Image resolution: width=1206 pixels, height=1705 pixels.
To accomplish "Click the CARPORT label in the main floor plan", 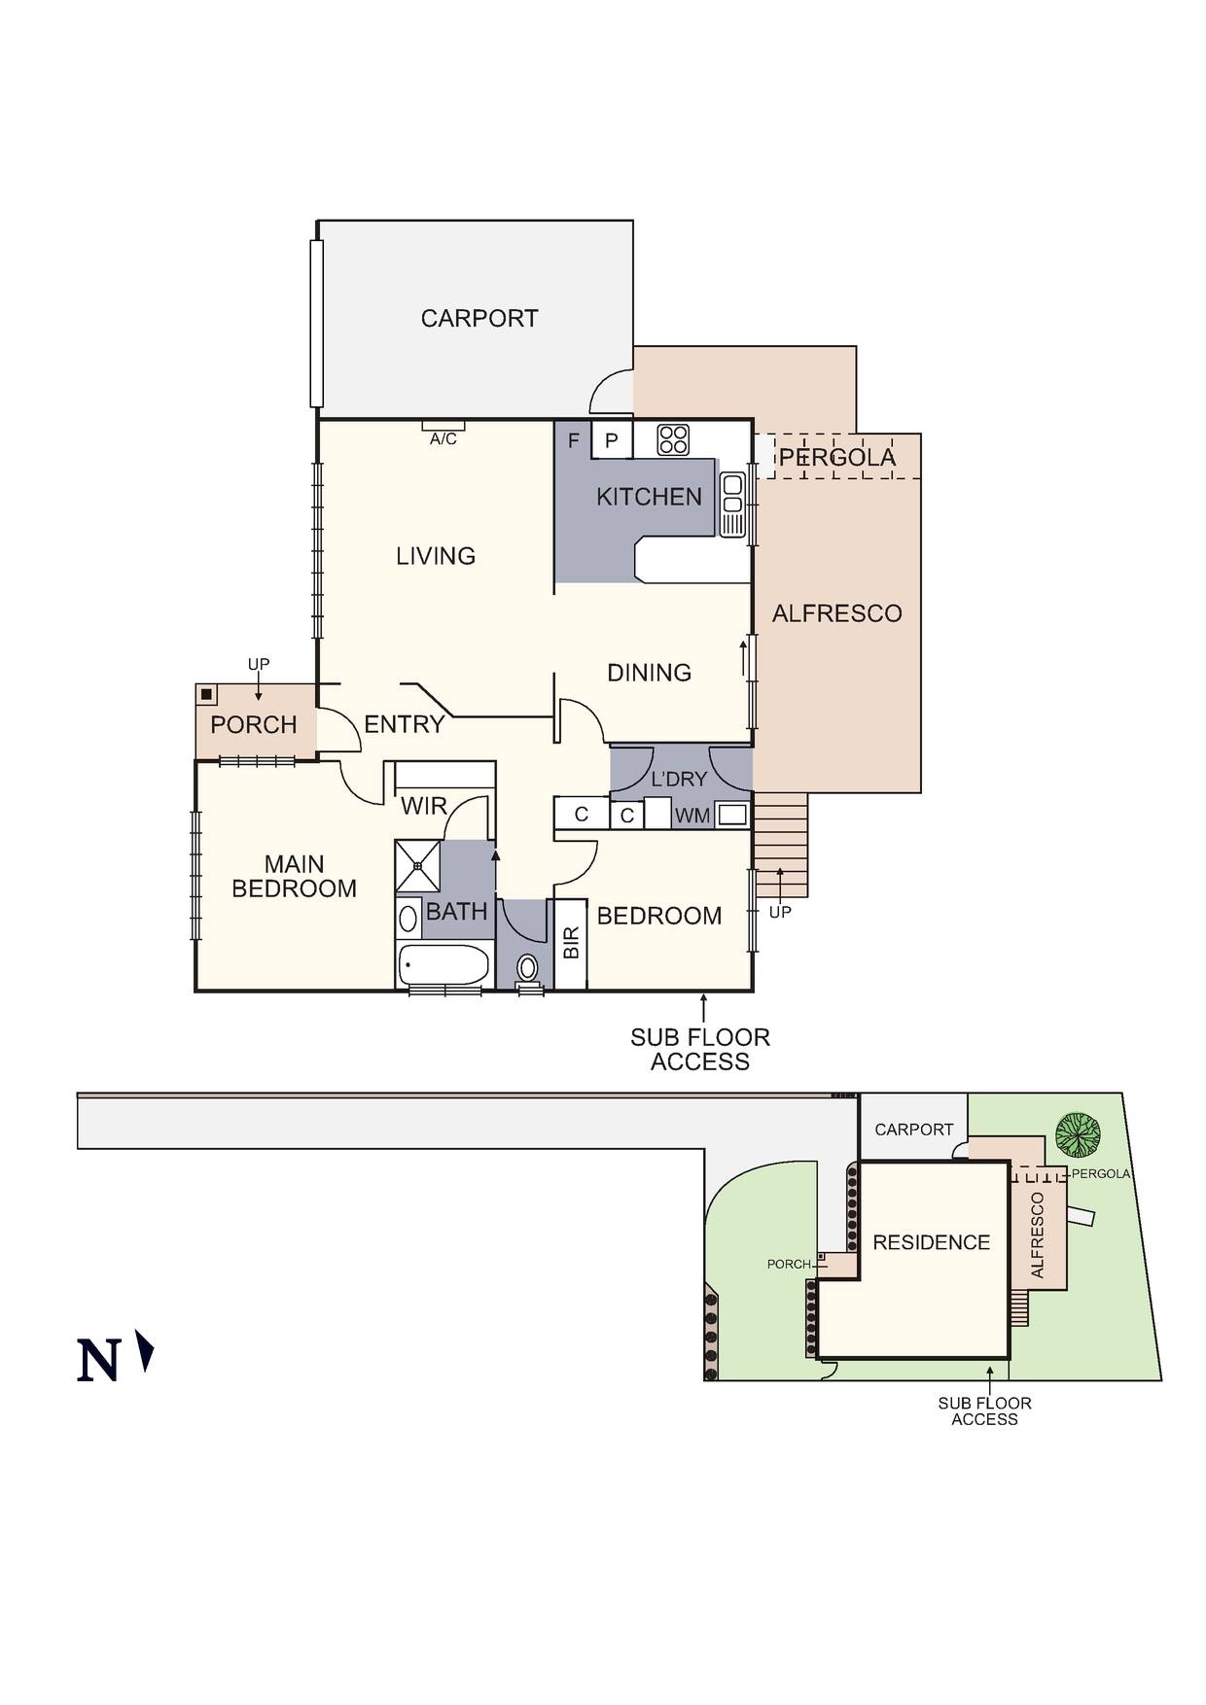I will [479, 318].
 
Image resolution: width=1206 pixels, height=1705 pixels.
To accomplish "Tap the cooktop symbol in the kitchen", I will [673, 439].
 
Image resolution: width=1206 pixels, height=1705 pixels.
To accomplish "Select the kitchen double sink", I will [732, 504].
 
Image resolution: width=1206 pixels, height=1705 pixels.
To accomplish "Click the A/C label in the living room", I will [443, 439].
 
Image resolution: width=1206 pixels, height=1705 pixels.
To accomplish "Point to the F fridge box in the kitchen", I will [573, 440].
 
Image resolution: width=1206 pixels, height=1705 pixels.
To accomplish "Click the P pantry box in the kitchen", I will [612, 440].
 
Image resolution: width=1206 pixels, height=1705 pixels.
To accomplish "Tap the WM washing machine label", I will [692, 816].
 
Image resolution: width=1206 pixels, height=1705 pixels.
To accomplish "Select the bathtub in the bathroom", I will [443, 965].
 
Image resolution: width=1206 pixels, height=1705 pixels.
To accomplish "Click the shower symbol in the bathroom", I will [417, 865].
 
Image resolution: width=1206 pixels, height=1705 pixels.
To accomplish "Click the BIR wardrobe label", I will [571, 943].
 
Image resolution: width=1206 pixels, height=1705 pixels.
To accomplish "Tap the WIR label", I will [424, 806].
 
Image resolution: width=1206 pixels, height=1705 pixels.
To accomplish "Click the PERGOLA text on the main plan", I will [837, 458].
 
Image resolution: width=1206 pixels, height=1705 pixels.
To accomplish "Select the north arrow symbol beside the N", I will [146, 1351].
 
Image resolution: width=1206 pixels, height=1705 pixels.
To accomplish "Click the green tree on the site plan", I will [1079, 1133].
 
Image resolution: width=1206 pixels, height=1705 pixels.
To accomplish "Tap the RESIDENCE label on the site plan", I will [931, 1242].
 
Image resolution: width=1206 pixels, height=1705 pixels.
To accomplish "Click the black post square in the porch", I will [207, 694].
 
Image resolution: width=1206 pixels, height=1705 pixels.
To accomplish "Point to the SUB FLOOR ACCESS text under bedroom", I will [700, 1050].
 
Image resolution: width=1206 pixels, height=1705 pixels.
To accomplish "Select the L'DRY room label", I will [679, 779].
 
